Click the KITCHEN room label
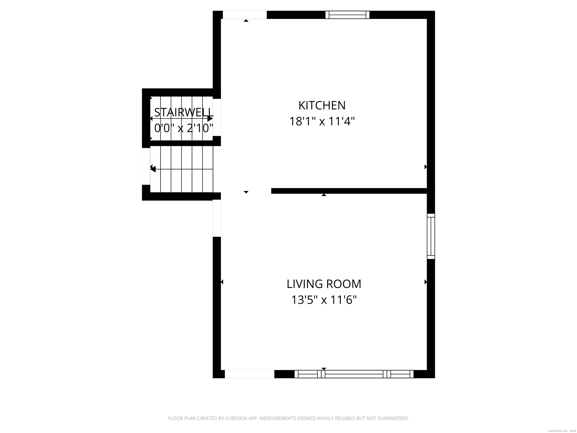click(x=322, y=105)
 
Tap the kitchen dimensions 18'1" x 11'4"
click(x=322, y=121)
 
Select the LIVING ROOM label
click(x=324, y=284)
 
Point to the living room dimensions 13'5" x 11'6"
click(x=324, y=300)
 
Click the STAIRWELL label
click(x=184, y=113)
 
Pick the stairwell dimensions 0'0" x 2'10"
click(x=184, y=128)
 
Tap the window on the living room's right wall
click(x=431, y=236)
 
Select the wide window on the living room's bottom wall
click(x=354, y=374)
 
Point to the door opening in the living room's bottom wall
click(x=249, y=374)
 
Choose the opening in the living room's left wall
click(x=217, y=218)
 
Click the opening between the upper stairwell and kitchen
click(x=217, y=117)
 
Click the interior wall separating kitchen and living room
click(x=349, y=191)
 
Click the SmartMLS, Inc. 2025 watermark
click(x=562, y=431)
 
